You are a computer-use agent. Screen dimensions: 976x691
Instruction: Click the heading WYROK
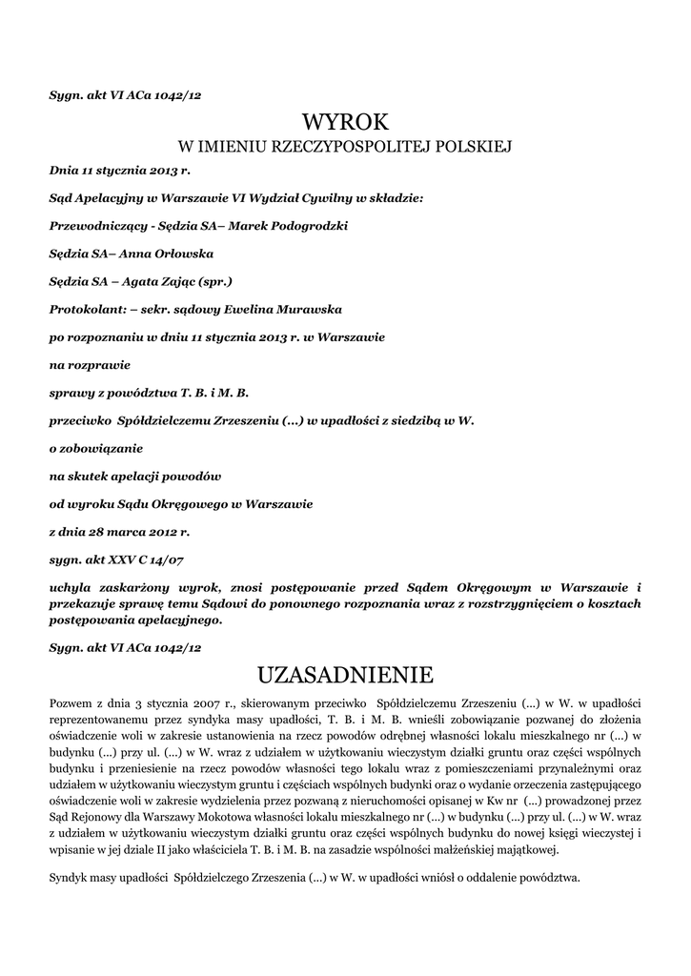pos(345,123)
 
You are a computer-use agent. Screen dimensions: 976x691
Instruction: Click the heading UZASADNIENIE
pos(345,676)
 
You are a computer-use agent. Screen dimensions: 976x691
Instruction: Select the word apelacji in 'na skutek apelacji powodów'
pos(141,476)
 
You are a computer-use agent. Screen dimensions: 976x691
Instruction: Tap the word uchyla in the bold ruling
pos(71,587)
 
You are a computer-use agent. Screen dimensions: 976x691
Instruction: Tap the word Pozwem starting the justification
pos(71,703)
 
